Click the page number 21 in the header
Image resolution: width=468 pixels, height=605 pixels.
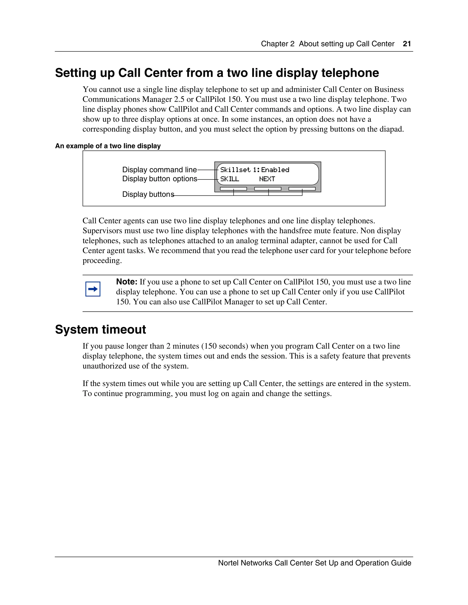tap(407, 44)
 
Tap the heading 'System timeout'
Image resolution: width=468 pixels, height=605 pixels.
tap(100, 330)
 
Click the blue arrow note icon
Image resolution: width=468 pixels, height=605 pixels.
tap(93, 289)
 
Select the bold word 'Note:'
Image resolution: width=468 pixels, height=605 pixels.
tap(127, 282)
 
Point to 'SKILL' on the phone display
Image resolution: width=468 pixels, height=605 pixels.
tap(230, 179)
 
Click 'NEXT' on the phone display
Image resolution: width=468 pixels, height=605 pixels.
tap(267, 179)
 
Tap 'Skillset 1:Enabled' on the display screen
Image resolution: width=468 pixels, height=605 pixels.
tap(255, 170)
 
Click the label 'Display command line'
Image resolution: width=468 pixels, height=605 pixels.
tap(160, 170)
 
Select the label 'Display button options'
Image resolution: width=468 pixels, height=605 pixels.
tap(160, 179)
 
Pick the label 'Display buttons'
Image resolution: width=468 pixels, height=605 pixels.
tap(148, 194)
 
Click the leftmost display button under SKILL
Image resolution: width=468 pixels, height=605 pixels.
tap(234, 189)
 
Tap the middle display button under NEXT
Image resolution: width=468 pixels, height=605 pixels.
tap(268, 189)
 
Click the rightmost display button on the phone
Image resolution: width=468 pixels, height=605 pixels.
tap(302, 189)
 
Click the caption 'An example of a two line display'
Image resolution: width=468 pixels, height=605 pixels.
tap(108, 146)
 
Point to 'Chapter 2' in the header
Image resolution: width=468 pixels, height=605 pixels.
tap(277, 44)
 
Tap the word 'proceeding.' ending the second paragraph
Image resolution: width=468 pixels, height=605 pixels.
tap(102, 260)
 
